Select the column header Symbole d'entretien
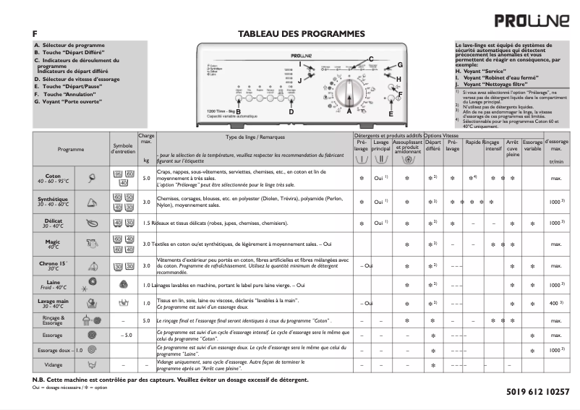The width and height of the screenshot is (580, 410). click(x=121, y=149)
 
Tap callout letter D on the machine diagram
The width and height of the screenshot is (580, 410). click(x=291, y=112)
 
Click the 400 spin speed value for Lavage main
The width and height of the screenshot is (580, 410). click(x=555, y=303)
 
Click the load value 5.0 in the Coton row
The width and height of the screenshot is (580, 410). click(x=146, y=178)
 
